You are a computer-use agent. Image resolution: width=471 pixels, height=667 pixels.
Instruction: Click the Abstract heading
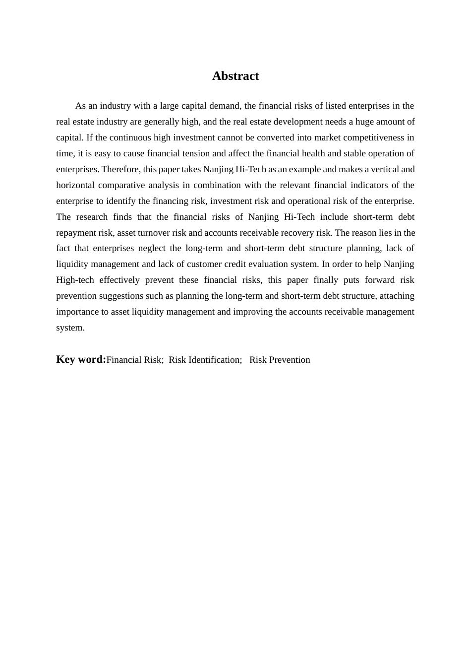click(x=235, y=76)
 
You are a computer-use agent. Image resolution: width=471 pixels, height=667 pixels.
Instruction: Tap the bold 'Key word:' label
click(x=81, y=359)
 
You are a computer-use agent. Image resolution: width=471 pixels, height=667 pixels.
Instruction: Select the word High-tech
click(x=75, y=280)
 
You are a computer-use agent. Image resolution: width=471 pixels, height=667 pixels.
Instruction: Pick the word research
click(x=92, y=217)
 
